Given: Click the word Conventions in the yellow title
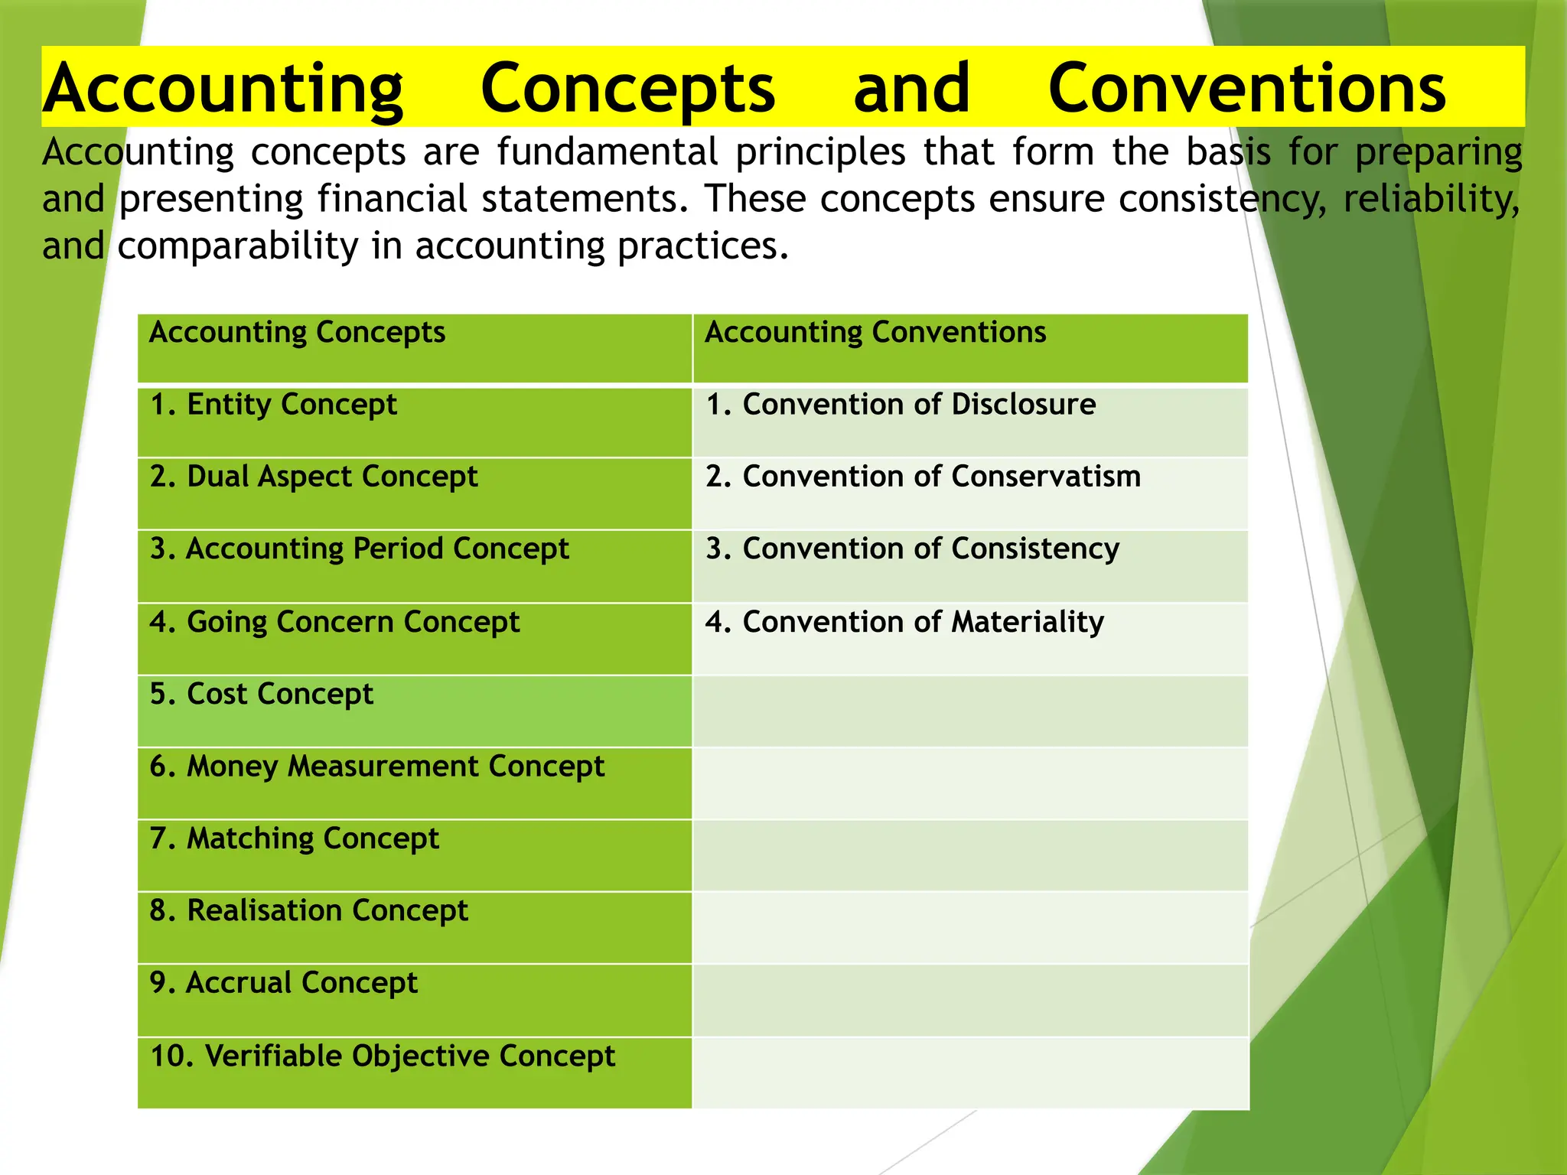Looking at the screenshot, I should pyautogui.click(x=1246, y=88).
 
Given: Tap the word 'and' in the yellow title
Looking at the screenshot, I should pyautogui.click(x=911, y=88).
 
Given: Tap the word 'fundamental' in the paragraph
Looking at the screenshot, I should pyautogui.click(x=607, y=151).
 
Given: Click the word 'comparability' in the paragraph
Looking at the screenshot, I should pyautogui.click(x=238, y=246).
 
